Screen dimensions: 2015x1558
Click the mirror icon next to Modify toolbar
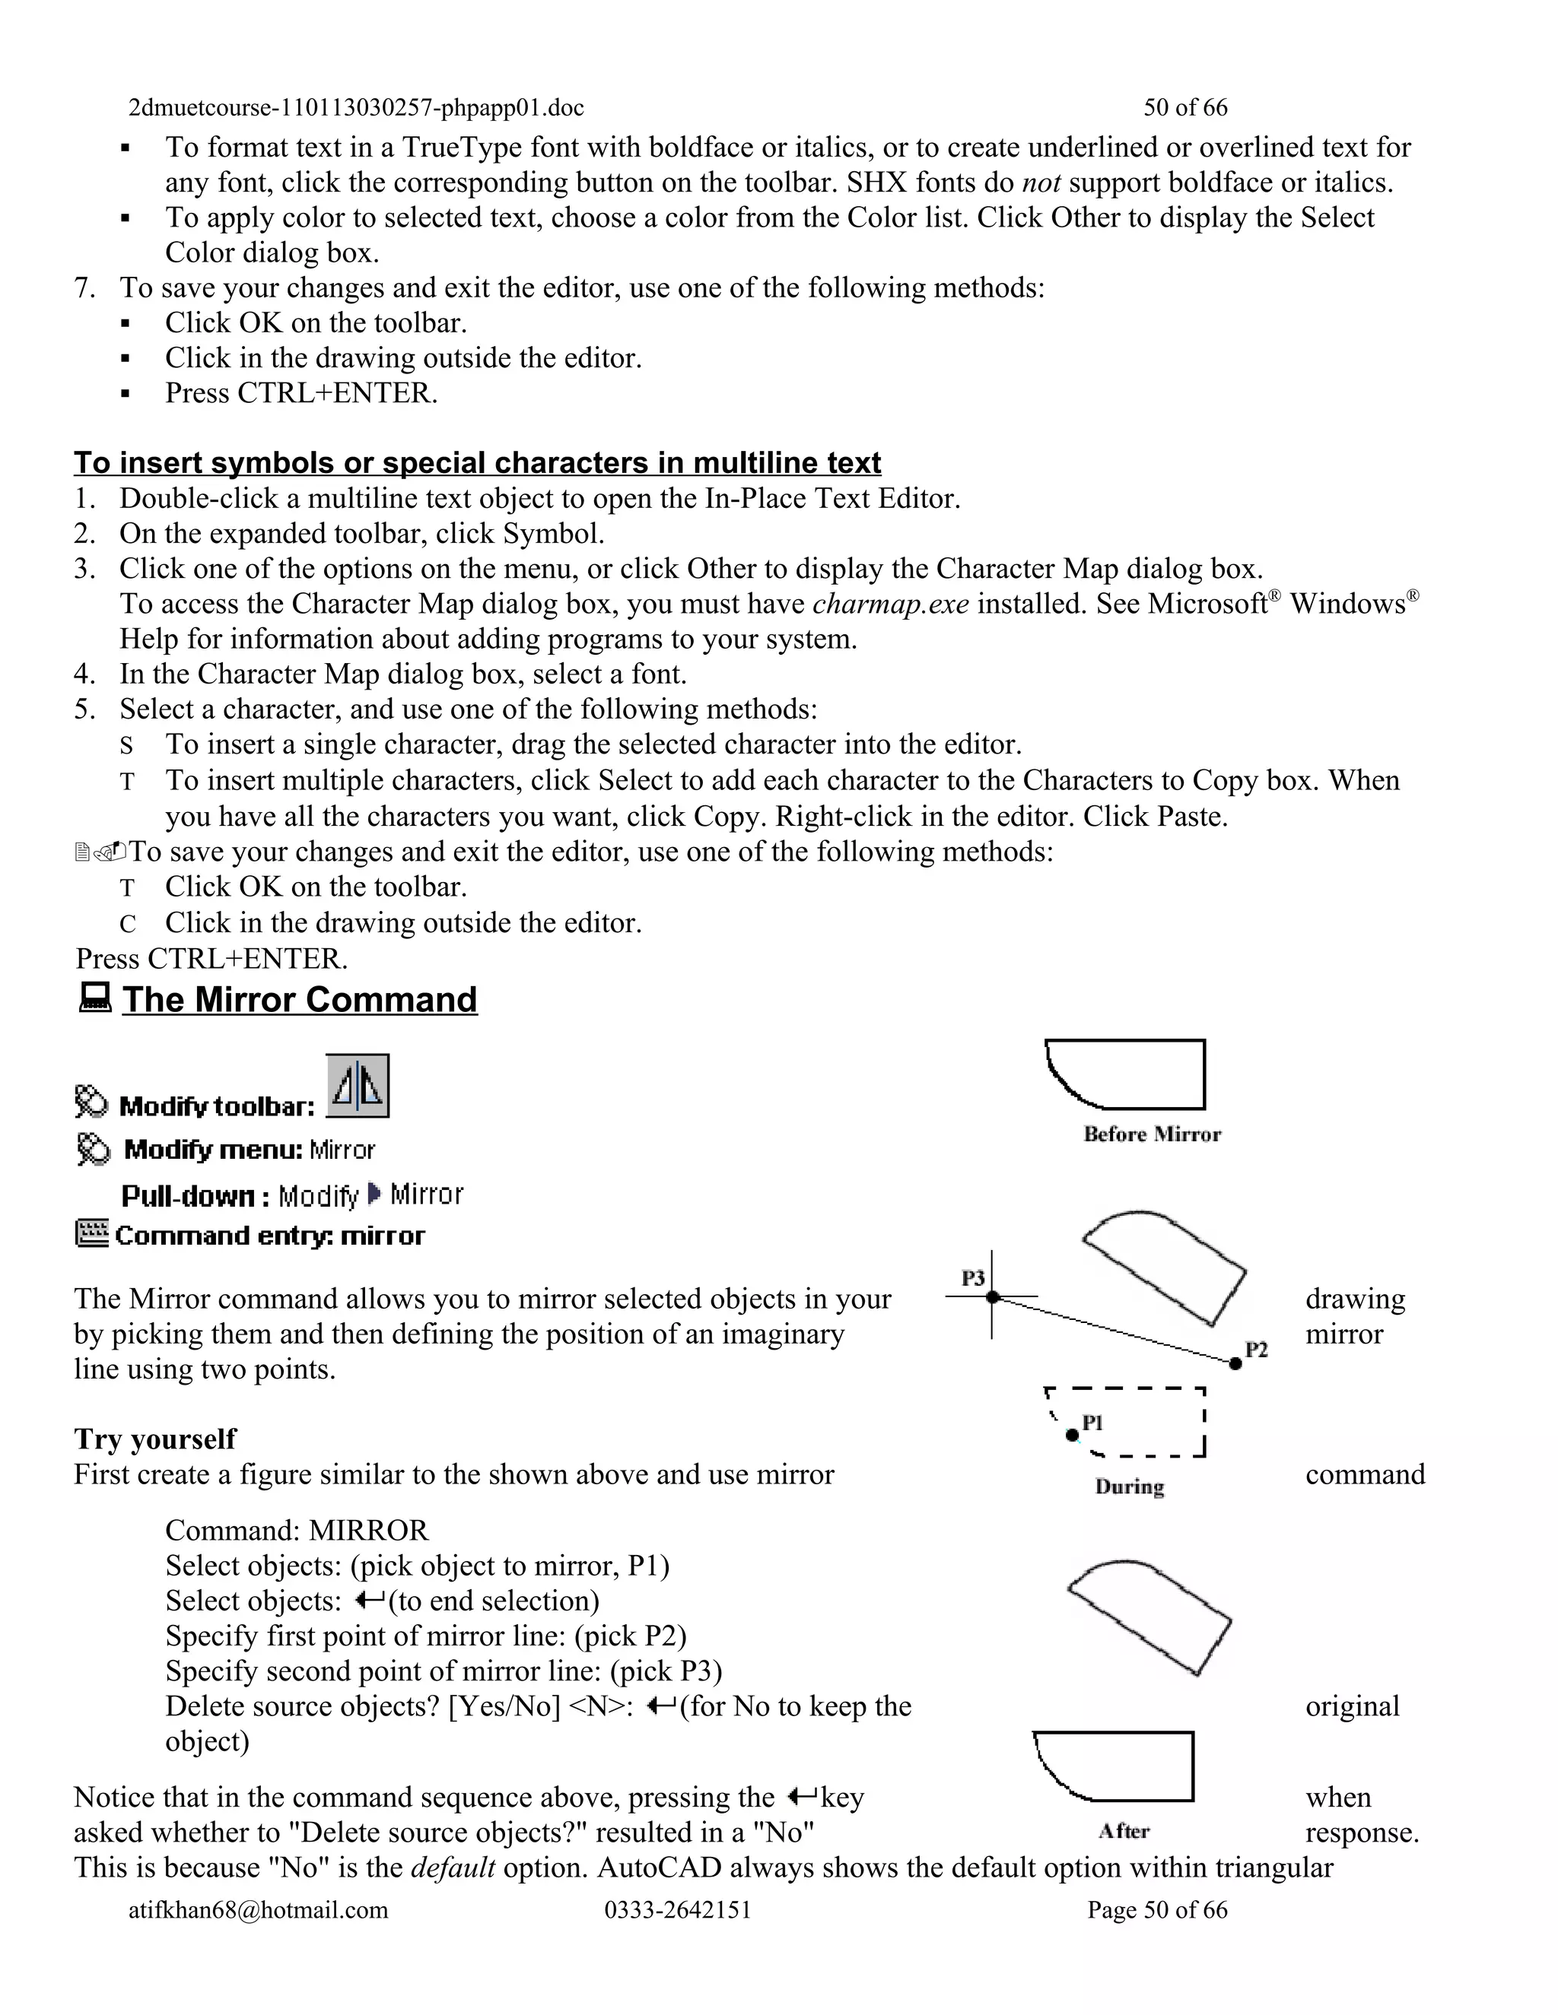pyautogui.click(x=358, y=1086)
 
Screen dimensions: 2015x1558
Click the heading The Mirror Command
pyautogui.click(x=299, y=1000)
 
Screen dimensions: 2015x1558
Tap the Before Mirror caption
pyautogui.click(x=1151, y=1134)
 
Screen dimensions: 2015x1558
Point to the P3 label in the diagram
pyautogui.click(x=973, y=1278)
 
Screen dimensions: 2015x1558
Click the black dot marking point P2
pyautogui.click(x=1236, y=1363)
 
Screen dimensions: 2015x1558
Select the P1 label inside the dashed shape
pyautogui.click(x=1093, y=1423)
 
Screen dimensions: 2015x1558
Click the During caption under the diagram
pyautogui.click(x=1129, y=1487)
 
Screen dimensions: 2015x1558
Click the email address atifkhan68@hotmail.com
pyautogui.click(x=259, y=1910)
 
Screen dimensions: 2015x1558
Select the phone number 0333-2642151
pyautogui.click(x=678, y=1910)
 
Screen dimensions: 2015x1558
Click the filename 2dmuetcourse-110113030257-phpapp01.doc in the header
pyautogui.click(x=356, y=108)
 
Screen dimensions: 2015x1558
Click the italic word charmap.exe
pyautogui.click(x=890, y=604)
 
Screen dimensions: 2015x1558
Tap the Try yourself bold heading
pyautogui.click(x=155, y=1439)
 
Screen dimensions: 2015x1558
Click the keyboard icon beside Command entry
pyautogui.click(x=91, y=1233)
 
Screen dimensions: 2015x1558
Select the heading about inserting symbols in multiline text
pyautogui.click(x=477, y=462)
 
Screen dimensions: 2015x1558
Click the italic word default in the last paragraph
pyautogui.click(x=453, y=1867)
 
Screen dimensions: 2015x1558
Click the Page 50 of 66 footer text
pyautogui.click(x=1157, y=1910)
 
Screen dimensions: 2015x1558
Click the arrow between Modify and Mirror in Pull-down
pyautogui.click(x=373, y=1195)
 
